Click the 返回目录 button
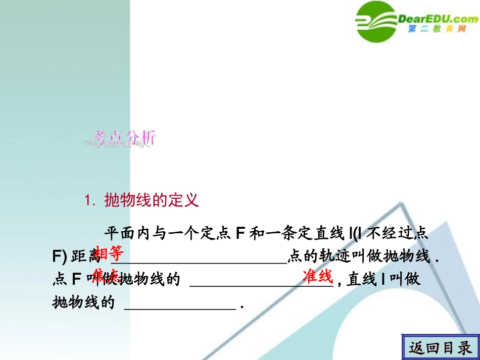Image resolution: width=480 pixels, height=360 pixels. tap(440, 347)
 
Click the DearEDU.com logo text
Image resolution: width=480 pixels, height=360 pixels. tap(438, 20)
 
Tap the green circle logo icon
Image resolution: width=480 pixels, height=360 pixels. tap(377, 21)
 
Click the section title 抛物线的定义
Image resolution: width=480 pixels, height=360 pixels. tap(152, 200)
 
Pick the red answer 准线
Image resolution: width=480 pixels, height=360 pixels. tap(317, 276)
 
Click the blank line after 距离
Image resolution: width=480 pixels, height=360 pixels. tap(198, 261)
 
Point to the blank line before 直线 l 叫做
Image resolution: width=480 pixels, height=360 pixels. tap(261, 284)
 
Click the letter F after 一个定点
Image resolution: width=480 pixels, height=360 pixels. tap(241, 234)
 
